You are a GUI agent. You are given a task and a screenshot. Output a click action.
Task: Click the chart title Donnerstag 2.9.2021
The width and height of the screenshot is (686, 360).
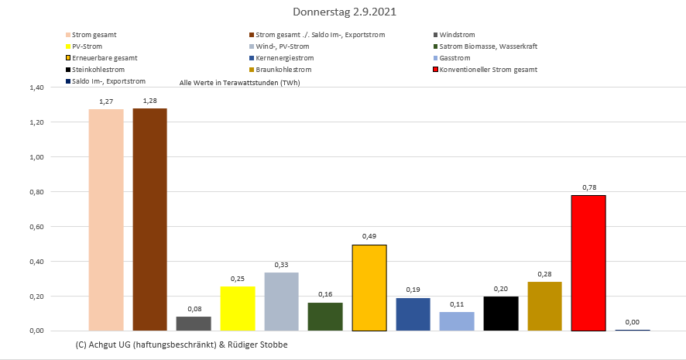tap(343, 13)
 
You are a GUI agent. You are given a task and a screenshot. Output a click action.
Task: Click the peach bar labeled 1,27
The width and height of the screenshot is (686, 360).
tap(106, 220)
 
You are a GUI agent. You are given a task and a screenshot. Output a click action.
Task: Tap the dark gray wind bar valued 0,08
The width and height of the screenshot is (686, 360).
tap(194, 324)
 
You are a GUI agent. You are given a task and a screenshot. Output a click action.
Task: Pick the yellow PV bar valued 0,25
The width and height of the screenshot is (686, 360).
tap(238, 308)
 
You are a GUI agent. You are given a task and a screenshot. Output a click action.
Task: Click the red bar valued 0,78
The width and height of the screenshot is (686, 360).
tap(588, 263)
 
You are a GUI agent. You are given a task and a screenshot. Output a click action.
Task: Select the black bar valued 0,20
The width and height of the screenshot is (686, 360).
tap(500, 313)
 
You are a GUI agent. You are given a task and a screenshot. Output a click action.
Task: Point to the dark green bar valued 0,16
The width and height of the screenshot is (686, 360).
tap(325, 317)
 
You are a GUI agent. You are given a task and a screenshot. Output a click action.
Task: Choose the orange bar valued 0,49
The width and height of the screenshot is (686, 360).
tap(369, 287)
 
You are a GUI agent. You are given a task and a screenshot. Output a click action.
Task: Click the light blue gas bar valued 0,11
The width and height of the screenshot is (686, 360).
tap(456, 321)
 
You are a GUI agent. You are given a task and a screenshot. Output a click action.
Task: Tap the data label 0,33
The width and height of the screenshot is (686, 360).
tap(281, 265)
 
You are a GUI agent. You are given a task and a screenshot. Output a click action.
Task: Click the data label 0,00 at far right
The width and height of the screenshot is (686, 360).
tap(632, 321)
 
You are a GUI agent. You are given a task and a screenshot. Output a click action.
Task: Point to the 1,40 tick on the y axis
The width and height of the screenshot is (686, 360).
tap(36, 87)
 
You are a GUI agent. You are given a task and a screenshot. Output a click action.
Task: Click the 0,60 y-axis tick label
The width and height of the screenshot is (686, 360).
tap(36, 227)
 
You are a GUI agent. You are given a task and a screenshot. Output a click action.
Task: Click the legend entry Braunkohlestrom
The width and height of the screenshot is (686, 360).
tap(286, 70)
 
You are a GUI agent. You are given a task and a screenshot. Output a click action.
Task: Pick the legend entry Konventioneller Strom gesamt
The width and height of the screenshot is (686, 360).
tap(488, 70)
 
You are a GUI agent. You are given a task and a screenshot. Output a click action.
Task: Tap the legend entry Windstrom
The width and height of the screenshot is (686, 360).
tap(457, 35)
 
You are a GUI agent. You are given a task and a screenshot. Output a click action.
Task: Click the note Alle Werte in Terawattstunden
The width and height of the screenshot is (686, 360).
tap(239, 82)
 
